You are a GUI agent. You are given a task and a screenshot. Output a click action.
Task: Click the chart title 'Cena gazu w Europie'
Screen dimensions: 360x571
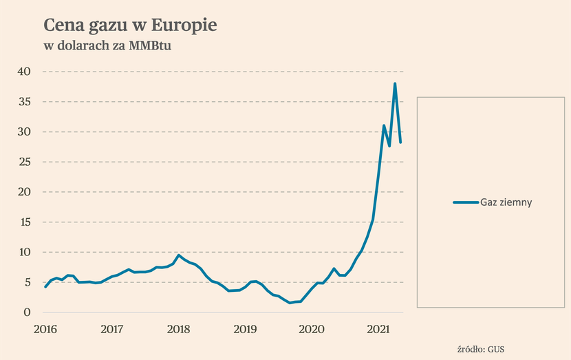[130, 25]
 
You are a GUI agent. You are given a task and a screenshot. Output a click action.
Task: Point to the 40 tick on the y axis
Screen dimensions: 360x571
[23, 72]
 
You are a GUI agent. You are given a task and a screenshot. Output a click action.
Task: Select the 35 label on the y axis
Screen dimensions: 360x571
[23, 102]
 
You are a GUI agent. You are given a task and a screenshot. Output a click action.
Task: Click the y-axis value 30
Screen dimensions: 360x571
[23, 131]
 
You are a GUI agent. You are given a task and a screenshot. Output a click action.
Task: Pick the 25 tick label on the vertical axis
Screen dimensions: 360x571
[23, 162]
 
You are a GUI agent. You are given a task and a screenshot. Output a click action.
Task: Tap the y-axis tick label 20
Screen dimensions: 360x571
[23, 192]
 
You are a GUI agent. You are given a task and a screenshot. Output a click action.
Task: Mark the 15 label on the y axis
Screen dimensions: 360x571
[23, 222]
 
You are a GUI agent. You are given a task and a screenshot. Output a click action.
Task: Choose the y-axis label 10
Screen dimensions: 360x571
[23, 252]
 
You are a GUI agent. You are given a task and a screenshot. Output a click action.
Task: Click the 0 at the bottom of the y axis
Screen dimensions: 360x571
[27, 313]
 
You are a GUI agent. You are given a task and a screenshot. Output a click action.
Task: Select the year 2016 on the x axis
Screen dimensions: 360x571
[45, 329]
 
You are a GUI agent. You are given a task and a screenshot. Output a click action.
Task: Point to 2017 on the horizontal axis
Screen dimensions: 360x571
[111, 329]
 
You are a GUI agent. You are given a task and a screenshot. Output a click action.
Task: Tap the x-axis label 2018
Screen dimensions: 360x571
[178, 329]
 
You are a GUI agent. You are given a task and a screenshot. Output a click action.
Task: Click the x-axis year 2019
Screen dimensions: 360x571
[245, 329]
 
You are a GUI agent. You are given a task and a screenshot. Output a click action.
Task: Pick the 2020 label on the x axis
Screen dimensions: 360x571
[312, 329]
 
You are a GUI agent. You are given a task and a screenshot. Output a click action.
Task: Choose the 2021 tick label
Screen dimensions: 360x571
[378, 329]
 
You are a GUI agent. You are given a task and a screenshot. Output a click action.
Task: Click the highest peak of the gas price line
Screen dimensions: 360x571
[395, 83]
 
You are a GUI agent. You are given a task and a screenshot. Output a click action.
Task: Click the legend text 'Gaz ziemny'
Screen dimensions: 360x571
[507, 202]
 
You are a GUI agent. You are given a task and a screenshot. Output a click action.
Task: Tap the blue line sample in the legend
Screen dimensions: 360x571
[466, 202]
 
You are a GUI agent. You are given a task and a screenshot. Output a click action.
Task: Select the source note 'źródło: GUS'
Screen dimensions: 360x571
[481, 348]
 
